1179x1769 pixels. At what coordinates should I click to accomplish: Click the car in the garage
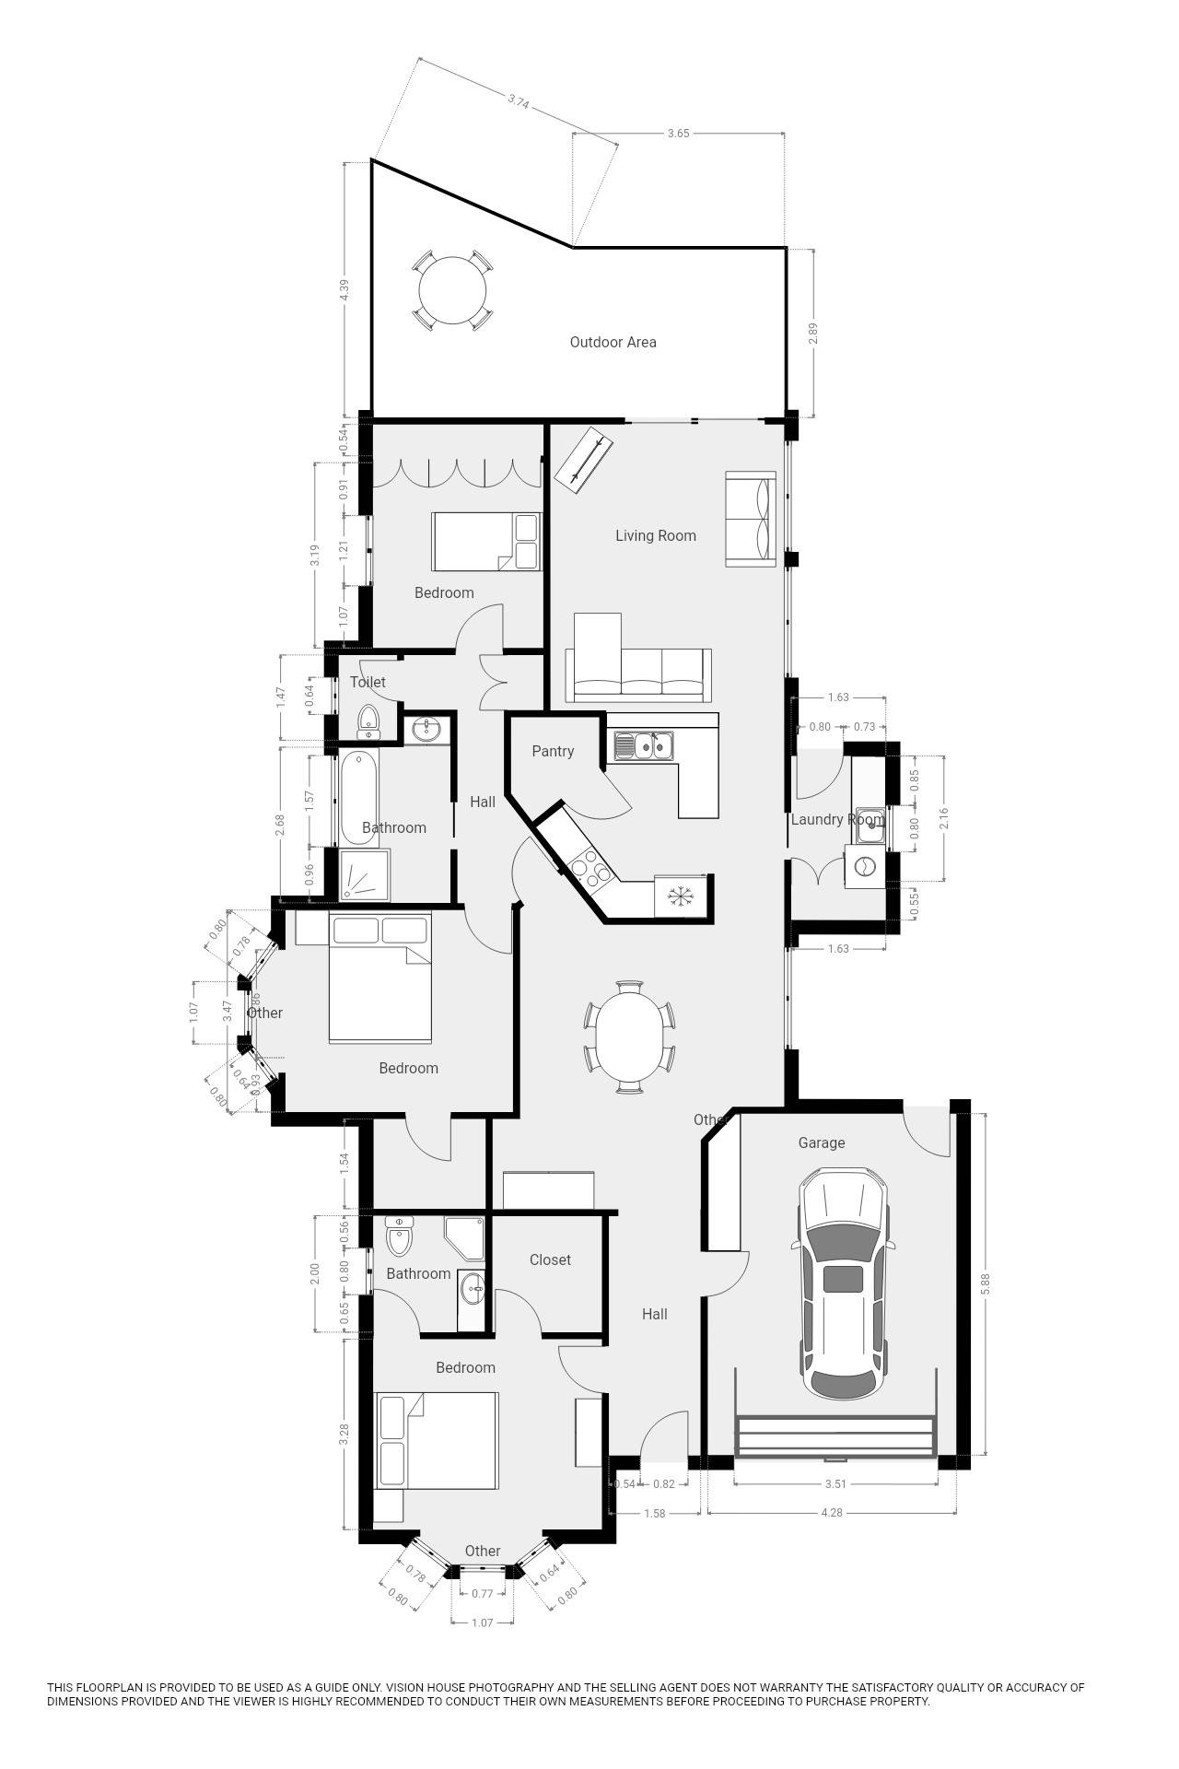coord(842,1283)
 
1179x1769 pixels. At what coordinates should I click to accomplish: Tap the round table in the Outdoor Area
coord(452,290)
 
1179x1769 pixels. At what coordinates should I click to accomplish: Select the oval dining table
coord(629,1037)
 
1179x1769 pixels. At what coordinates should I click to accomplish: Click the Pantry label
coord(553,751)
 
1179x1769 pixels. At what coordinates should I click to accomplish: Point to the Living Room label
coord(656,535)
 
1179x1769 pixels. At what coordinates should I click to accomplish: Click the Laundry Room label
coord(836,819)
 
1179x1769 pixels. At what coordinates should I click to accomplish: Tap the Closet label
coord(550,1259)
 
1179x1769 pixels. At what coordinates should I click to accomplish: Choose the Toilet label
coord(368,682)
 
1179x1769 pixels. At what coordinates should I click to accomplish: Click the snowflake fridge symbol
coord(680,896)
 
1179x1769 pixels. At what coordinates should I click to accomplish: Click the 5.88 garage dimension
coord(986,1284)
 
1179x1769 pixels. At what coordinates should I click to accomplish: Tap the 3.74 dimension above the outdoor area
coord(518,102)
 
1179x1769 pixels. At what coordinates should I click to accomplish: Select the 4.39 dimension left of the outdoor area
coord(344,289)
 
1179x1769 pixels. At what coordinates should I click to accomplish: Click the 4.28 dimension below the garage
coord(833,1512)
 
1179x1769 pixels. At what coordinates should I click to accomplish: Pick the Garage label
coord(821,1142)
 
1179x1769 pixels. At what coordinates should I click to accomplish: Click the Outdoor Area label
coord(613,342)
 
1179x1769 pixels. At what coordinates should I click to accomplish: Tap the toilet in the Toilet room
coord(368,721)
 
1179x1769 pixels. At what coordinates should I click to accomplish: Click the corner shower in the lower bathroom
coord(466,1237)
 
